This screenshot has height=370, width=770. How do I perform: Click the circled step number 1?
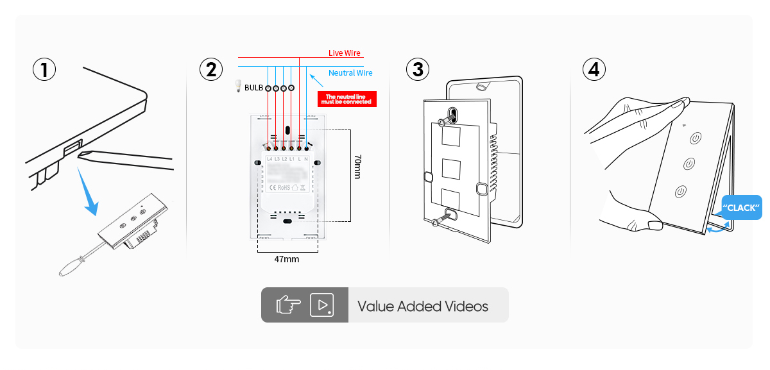(x=44, y=69)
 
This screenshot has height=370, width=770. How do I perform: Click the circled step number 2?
(x=211, y=69)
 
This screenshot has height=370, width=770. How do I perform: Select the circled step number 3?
(x=418, y=69)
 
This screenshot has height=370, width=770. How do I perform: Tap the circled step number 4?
(x=594, y=69)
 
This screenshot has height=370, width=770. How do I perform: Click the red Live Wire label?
(x=345, y=53)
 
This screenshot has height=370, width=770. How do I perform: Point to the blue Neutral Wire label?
(x=350, y=73)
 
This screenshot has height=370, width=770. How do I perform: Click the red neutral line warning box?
(x=346, y=99)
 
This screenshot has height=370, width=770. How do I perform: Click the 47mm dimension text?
(x=287, y=260)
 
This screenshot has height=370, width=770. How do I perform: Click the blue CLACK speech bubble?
(x=742, y=208)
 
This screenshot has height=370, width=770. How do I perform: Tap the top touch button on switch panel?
(x=696, y=138)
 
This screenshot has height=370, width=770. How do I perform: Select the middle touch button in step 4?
(x=689, y=164)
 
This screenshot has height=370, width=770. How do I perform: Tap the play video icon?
(x=322, y=305)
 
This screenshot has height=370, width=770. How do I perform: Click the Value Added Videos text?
(x=422, y=307)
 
